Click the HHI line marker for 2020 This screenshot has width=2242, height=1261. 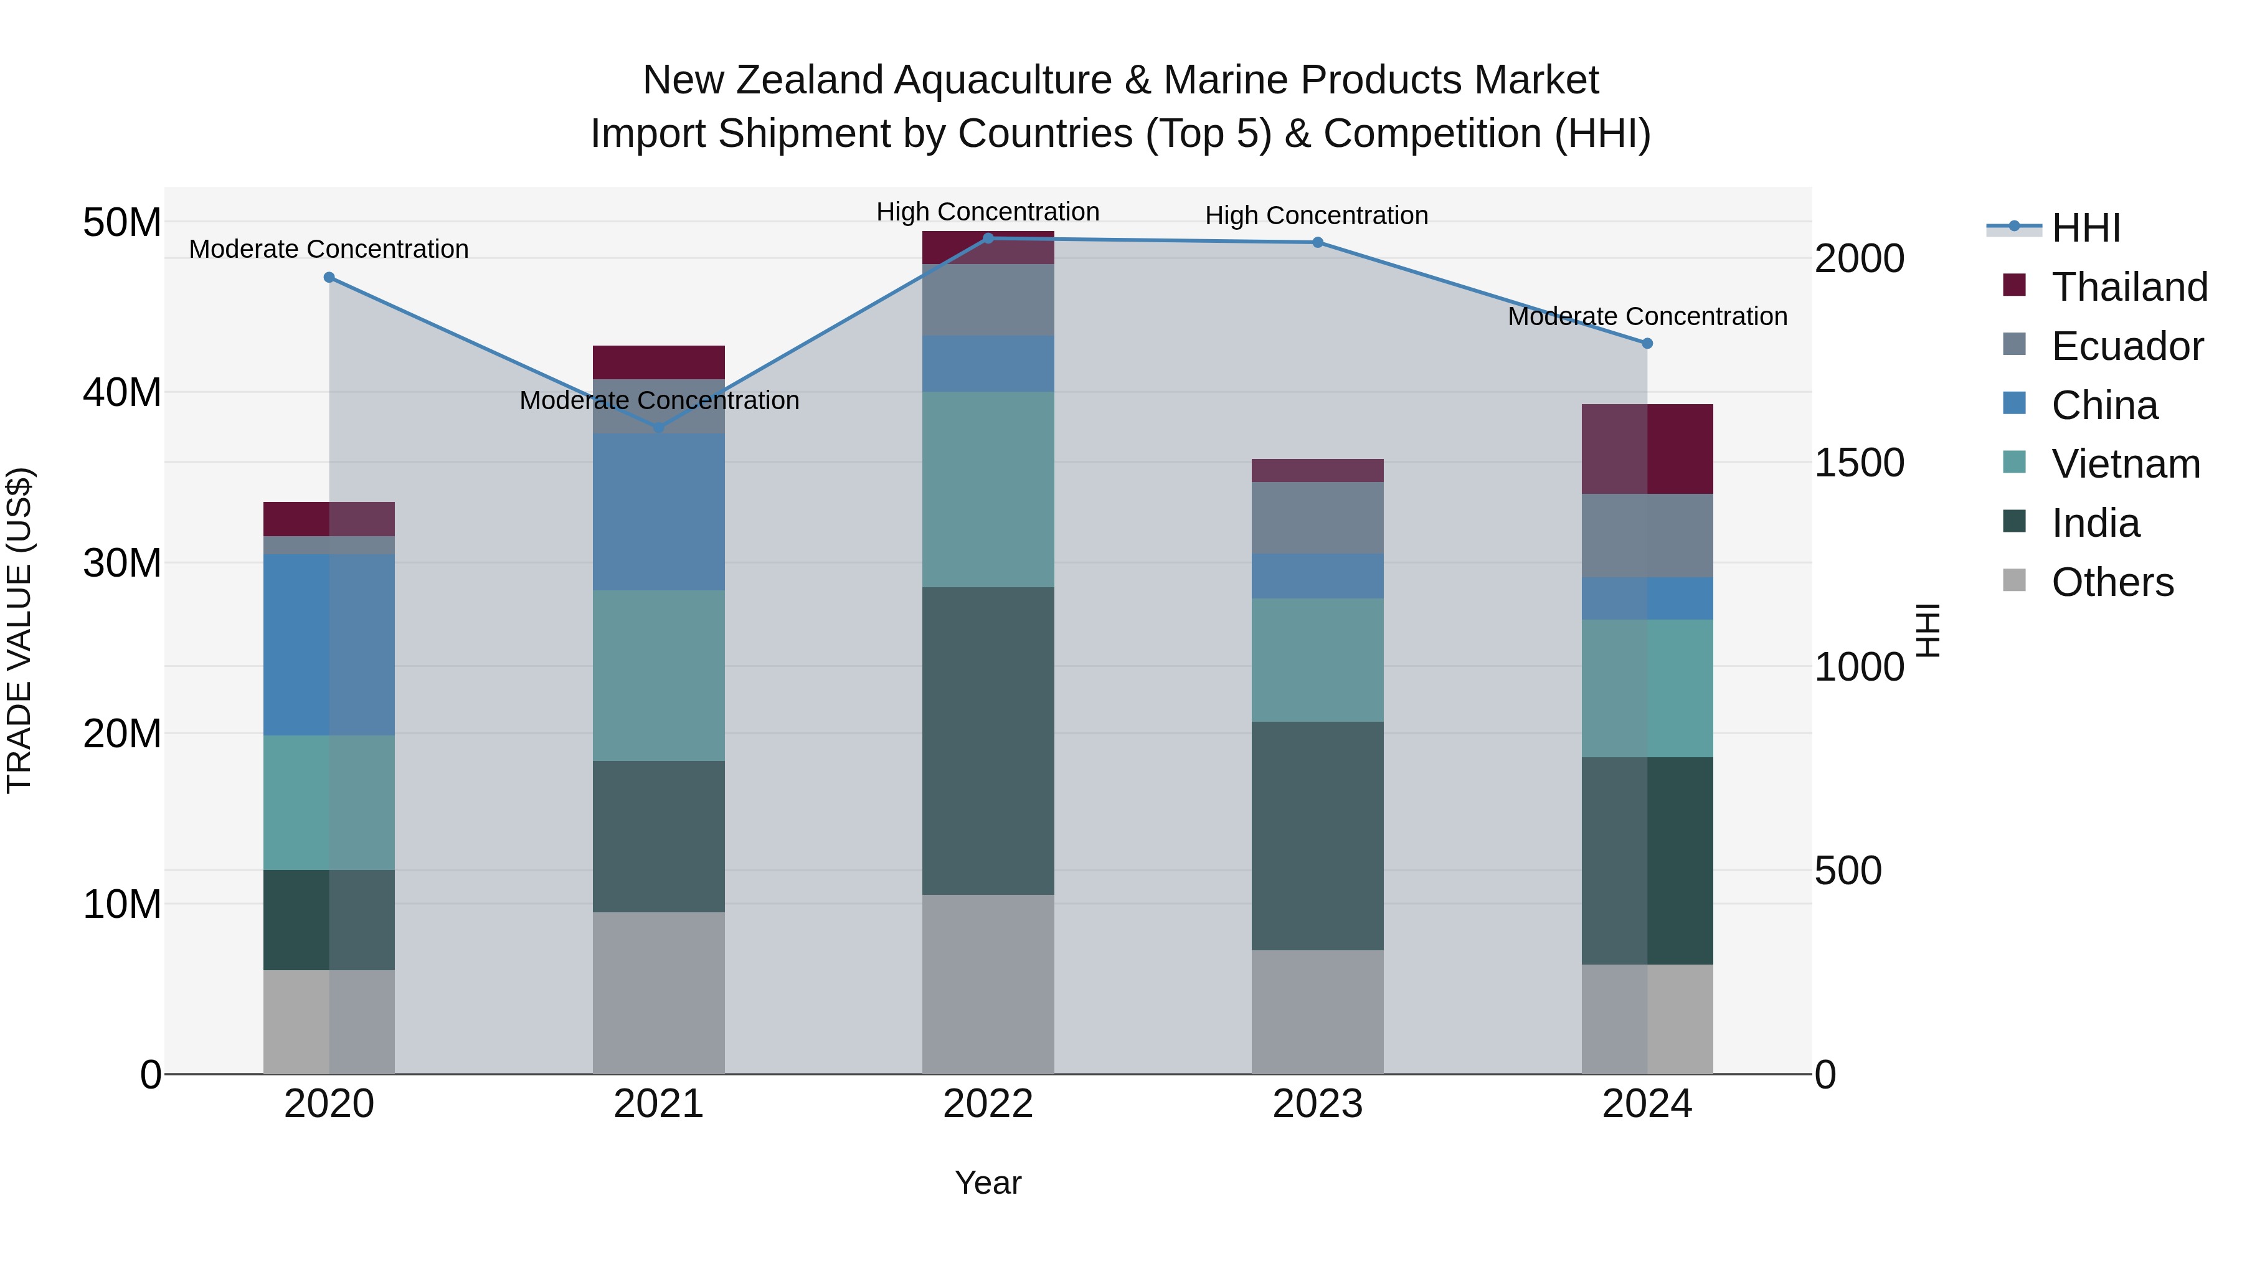coord(329,278)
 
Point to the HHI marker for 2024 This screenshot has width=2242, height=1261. coord(1647,344)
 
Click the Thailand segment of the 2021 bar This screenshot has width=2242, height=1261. coord(659,362)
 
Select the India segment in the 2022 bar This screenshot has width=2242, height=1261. coord(988,740)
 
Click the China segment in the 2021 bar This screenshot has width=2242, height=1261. coord(659,512)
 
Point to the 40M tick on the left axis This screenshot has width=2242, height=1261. coord(122,392)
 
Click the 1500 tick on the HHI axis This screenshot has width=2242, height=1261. coord(1859,463)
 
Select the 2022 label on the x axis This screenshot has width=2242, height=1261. coord(988,1104)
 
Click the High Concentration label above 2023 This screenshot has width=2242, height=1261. coord(1316,216)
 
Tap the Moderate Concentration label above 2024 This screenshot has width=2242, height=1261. coord(1647,317)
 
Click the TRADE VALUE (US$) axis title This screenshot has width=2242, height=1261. coord(19,630)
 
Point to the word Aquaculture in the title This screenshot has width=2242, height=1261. coord(1003,80)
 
